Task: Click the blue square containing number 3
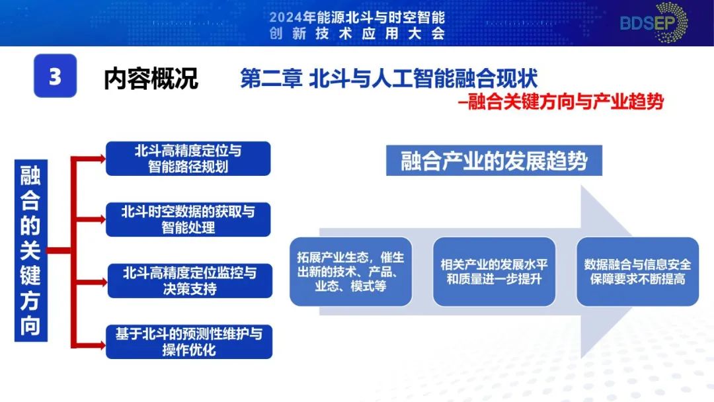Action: (x=55, y=76)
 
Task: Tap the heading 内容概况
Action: (x=151, y=79)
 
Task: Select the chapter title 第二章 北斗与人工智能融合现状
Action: (x=389, y=79)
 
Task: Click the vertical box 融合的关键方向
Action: (x=30, y=251)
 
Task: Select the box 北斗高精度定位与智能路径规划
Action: (x=188, y=159)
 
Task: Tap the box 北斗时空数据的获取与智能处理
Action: (x=188, y=220)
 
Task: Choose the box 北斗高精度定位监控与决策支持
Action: (x=188, y=280)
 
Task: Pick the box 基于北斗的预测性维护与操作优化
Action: (x=188, y=341)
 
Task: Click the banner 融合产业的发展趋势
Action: (x=494, y=161)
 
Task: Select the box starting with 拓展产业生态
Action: (x=350, y=271)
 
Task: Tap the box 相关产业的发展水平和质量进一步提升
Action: (x=494, y=271)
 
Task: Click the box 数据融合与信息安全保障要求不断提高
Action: (x=637, y=271)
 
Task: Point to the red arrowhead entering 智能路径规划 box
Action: (x=101, y=159)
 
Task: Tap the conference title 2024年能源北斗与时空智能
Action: (x=357, y=17)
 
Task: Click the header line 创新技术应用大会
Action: (x=357, y=34)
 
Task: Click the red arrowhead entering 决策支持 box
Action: (x=101, y=281)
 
